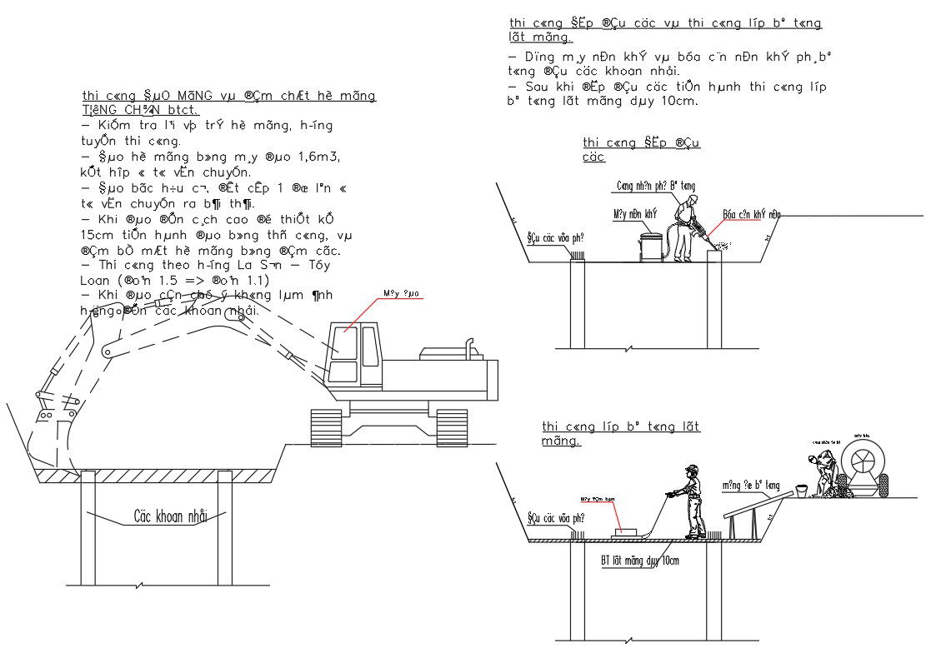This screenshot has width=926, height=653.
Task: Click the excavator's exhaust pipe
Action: [469, 346]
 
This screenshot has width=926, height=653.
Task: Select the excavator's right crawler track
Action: [452, 427]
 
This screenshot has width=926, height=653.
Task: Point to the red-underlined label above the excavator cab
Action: [400, 293]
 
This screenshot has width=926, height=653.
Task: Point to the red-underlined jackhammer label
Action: [751, 214]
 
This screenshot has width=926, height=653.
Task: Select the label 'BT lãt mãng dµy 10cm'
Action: [639, 561]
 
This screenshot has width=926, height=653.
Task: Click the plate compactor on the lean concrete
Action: [626, 531]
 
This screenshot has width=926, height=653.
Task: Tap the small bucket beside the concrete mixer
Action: [801, 491]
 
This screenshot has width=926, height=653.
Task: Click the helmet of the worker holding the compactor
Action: [689, 470]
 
